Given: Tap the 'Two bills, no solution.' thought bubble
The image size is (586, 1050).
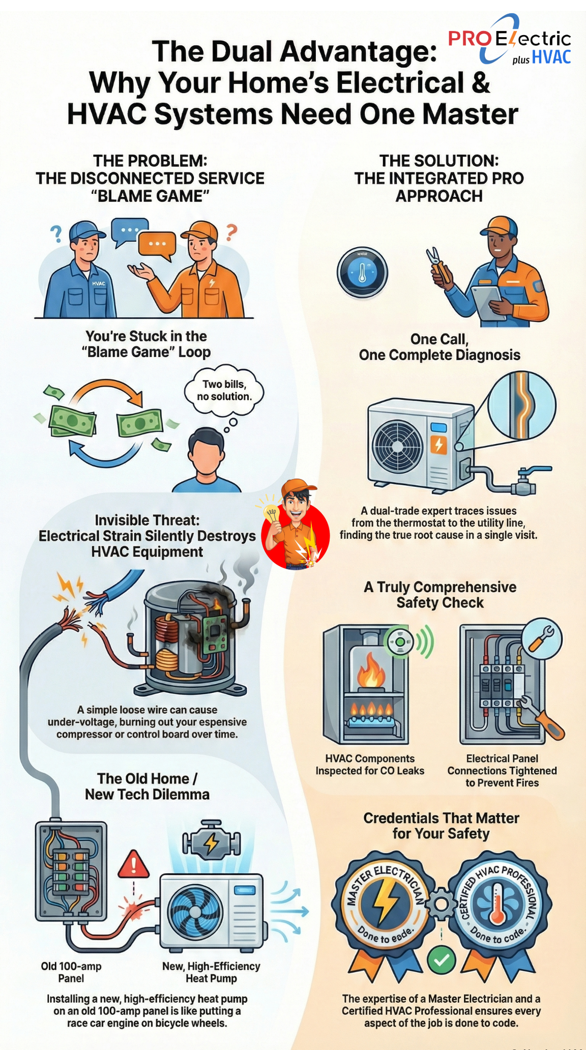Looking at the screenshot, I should pos(224,391).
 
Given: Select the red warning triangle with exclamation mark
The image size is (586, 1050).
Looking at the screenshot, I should pos(133,865).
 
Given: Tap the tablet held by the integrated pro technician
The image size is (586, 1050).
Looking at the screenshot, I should pos(488,301).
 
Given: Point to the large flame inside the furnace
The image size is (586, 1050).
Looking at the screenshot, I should pos(371,672).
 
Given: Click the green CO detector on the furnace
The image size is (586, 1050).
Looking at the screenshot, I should pos(401,642).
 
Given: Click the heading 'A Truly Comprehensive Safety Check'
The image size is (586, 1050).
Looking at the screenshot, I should pos(440,594).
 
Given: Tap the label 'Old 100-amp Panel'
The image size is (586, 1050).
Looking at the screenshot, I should pos(71,972).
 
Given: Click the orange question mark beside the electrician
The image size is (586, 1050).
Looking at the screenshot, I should pos(231,233).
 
